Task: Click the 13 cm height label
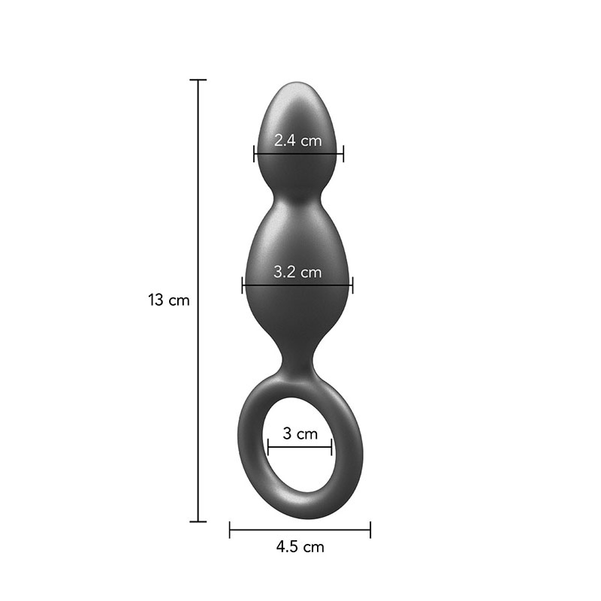click(x=168, y=300)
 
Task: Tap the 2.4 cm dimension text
click(x=297, y=139)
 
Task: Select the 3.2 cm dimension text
click(x=297, y=271)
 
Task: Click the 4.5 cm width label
click(x=300, y=547)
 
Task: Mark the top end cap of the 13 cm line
click(x=198, y=80)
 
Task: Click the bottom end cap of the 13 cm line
click(x=198, y=521)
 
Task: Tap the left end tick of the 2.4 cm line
click(x=255, y=154)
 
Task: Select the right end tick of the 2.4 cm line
click(x=343, y=154)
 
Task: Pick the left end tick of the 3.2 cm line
click(x=243, y=285)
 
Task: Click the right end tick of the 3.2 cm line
click(x=352, y=285)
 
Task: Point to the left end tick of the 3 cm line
click(x=268, y=448)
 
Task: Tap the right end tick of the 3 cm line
click(x=331, y=448)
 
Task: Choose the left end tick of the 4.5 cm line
click(x=230, y=530)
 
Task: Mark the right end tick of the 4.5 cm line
click(x=370, y=530)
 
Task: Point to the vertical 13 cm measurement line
click(x=198, y=225)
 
